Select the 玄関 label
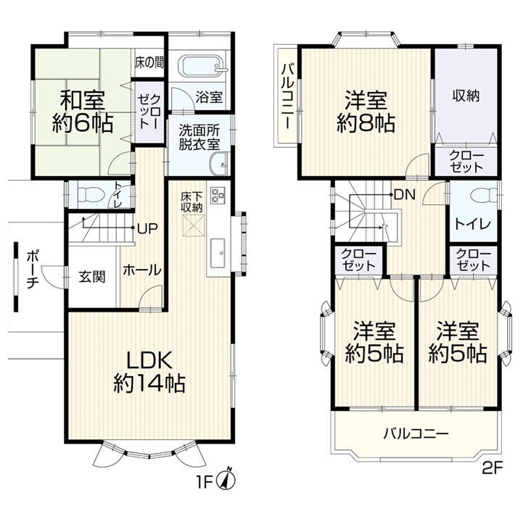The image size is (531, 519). pyautogui.click(x=93, y=276)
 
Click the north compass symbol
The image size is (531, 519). pyautogui.click(x=230, y=478)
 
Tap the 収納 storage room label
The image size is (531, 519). pyautogui.click(x=467, y=94)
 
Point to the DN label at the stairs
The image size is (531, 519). pyautogui.click(x=404, y=194)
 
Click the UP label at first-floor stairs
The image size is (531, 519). pyautogui.click(x=148, y=228)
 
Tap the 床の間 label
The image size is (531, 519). pyautogui.click(x=149, y=62)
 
